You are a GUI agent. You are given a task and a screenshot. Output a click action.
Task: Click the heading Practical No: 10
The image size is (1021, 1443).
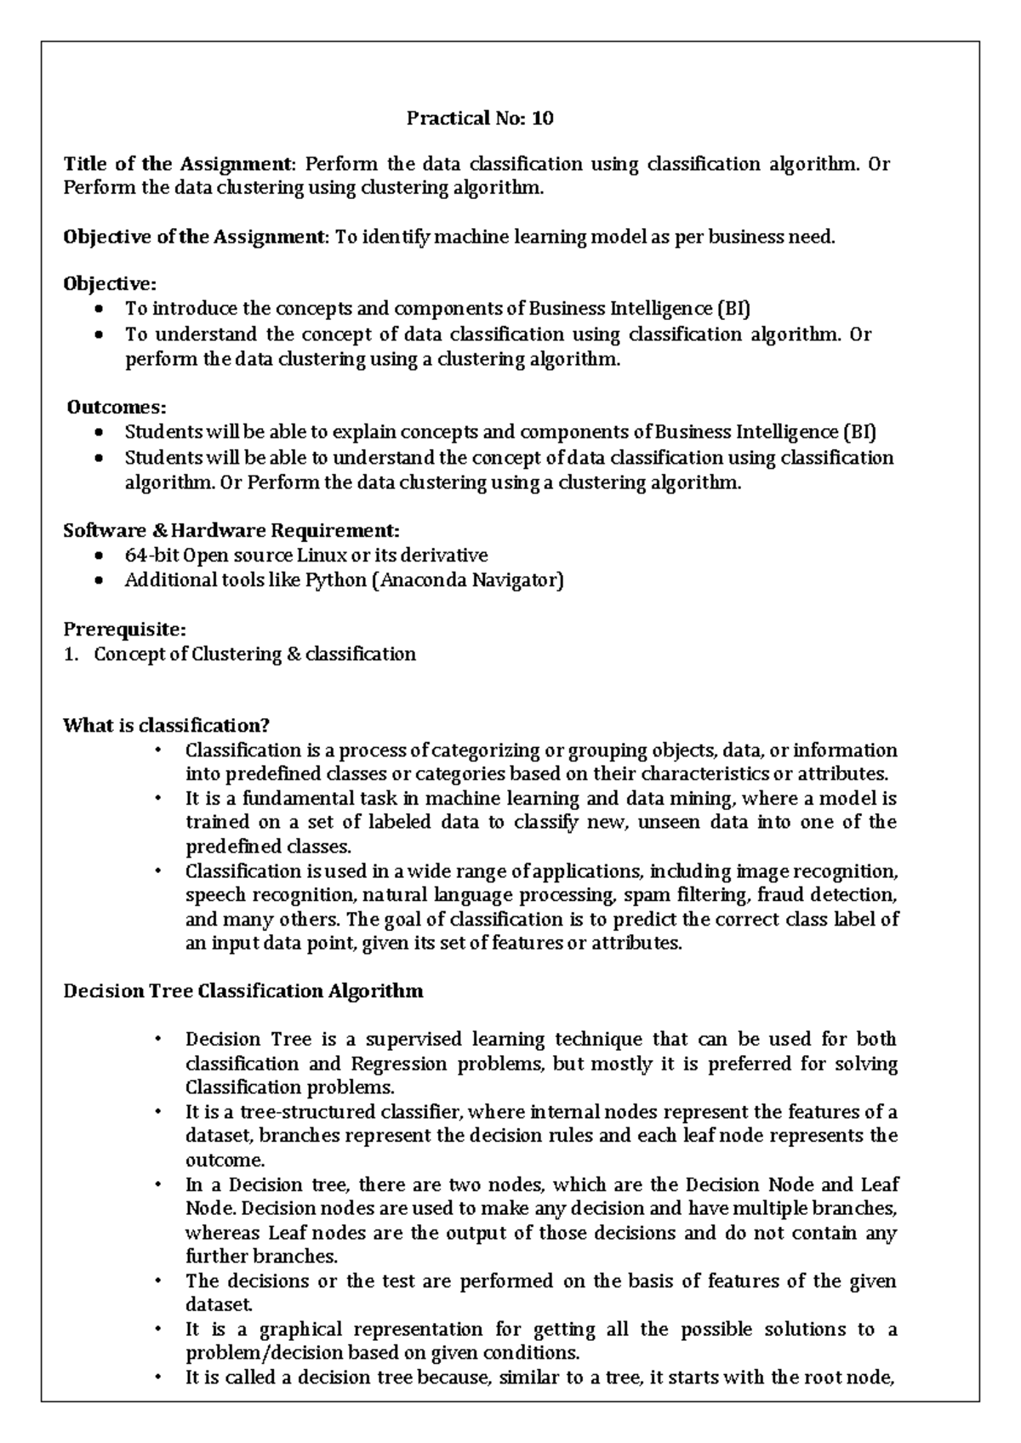click(480, 118)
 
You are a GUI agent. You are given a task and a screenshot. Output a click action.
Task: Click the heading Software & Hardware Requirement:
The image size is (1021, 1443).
click(231, 531)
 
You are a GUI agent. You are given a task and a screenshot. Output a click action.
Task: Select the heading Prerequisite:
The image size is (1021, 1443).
click(124, 630)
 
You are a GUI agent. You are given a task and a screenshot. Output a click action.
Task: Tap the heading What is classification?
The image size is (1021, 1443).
click(166, 726)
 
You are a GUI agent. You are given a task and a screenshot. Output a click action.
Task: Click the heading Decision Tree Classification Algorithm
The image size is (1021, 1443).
click(243, 991)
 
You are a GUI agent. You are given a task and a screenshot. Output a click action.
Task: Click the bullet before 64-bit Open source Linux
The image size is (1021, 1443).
click(100, 556)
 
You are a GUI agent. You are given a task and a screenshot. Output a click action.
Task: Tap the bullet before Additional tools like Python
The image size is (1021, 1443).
click(100, 581)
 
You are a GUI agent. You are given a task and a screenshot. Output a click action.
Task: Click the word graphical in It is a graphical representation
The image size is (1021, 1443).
click(299, 1329)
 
